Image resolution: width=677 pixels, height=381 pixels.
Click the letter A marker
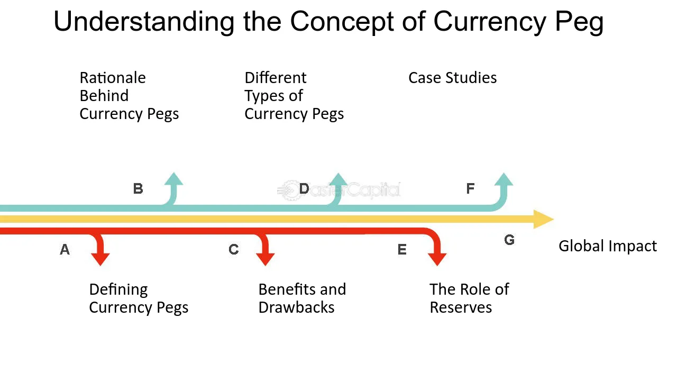point(65,249)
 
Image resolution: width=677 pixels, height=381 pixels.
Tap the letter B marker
point(138,189)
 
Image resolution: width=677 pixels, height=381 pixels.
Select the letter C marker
point(234,249)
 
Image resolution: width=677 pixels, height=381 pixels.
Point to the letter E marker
point(402,249)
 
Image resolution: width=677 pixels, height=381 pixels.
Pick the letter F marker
point(470,188)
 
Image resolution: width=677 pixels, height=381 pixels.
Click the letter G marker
point(509,240)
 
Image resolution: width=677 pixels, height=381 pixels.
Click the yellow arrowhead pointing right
point(543,219)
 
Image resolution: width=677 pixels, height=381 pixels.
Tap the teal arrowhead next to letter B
point(173,179)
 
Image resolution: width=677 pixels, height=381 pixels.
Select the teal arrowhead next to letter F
point(504,179)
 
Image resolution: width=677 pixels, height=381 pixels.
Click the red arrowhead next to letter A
point(100,259)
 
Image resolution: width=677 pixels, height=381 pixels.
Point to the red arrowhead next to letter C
point(266,259)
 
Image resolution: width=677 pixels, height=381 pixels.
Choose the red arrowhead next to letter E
point(437,259)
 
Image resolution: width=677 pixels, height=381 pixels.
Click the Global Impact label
point(608,246)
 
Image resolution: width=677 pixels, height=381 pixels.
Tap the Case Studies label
point(452,78)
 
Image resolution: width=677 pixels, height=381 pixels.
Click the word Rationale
point(113,78)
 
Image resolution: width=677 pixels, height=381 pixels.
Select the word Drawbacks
point(297,307)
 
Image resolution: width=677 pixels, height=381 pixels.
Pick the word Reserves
point(461,307)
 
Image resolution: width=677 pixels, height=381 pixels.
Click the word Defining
point(118,289)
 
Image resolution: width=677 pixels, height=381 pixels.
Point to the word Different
point(276,78)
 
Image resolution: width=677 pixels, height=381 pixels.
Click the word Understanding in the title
point(144,22)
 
